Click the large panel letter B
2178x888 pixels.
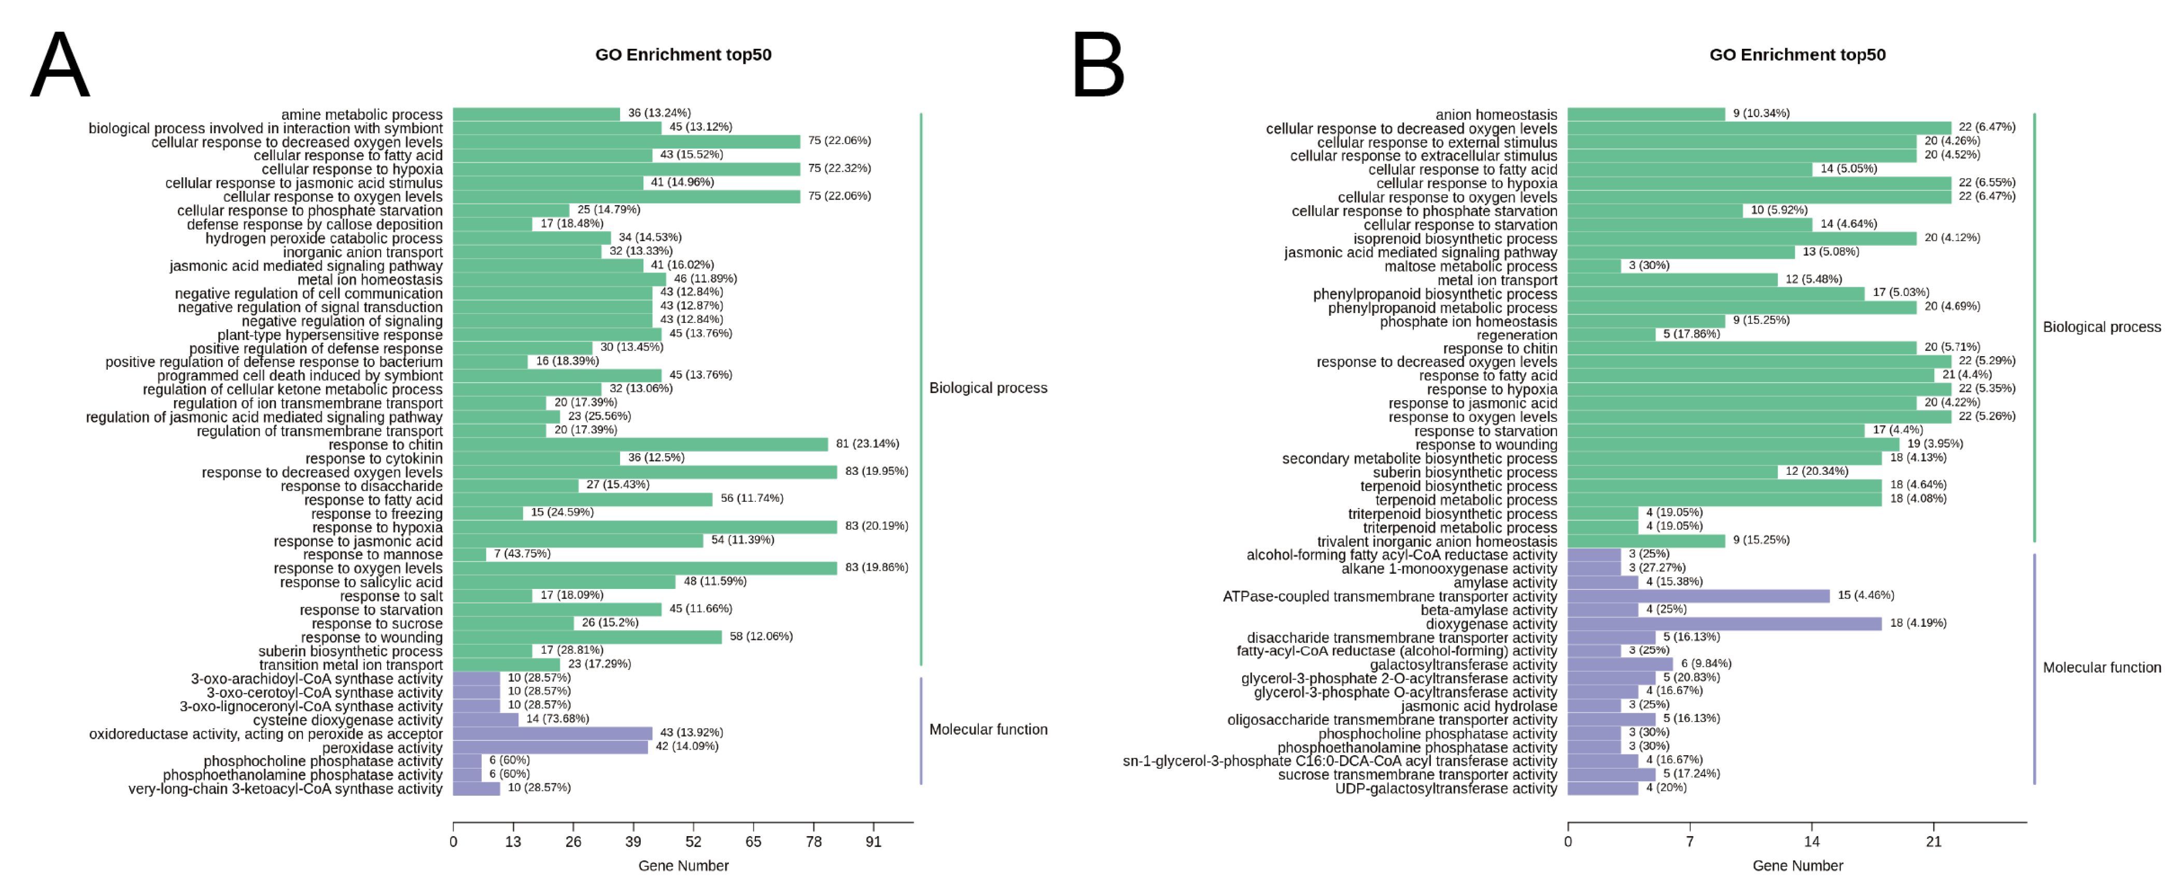click(x=1098, y=65)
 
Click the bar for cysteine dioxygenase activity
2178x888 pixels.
click(x=485, y=720)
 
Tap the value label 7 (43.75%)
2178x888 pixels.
click(x=522, y=554)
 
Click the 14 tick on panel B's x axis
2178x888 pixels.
click(x=1811, y=841)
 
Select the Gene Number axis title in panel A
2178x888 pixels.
click(x=683, y=865)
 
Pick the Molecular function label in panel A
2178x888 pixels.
click(x=988, y=729)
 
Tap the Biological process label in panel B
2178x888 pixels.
click(x=2101, y=327)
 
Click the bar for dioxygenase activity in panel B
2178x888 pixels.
click(x=1724, y=623)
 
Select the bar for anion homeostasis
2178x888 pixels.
click(x=1646, y=114)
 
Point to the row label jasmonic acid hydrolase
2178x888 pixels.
click(x=1478, y=706)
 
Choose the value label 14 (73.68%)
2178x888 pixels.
click(x=557, y=719)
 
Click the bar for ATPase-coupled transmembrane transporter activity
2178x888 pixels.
click(x=1698, y=596)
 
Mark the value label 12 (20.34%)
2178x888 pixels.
click(x=1816, y=471)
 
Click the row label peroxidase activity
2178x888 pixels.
click(x=382, y=748)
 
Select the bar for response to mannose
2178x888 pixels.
click(x=469, y=555)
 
